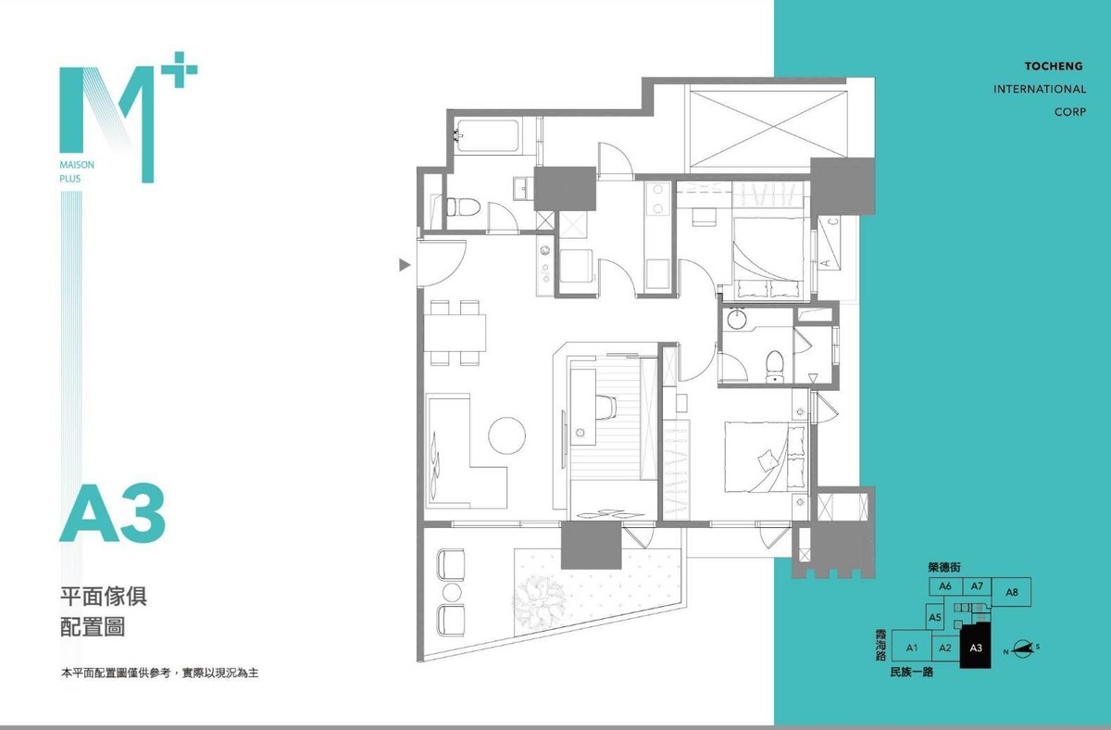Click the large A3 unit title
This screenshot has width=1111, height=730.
pyautogui.click(x=113, y=513)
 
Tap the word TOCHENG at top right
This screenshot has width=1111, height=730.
pyautogui.click(x=1054, y=66)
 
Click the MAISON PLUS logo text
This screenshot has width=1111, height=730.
pyautogui.click(x=77, y=171)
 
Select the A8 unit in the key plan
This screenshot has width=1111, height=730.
pyautogui.click(x=1012, y=592)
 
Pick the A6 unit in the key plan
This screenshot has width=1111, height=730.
pyautogui.click(x=945, y=586)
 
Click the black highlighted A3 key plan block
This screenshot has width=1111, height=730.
pyautogui.click(x=976, y=646)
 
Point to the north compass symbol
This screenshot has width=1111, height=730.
pyautogui.click(x=1022, y=648)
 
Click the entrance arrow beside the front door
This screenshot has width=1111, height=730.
pyautogui.click(x=405, y=265)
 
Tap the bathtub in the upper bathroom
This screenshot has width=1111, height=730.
pyautogui.click(x=487, y=135)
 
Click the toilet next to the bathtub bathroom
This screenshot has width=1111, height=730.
pyautogui.click(x=463, y=207)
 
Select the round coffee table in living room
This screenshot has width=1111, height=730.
pyautogui.click(x=506, y=435)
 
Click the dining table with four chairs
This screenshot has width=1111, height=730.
pyautogui.click(x=455, y=333)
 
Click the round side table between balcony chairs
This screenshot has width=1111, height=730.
pyautogui.click(x=452, y=592)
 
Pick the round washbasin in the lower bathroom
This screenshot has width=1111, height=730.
pyautogui.click(x=737, y=319)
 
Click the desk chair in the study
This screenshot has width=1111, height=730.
pyautogui.click(x=605, y=407)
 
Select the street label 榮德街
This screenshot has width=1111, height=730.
pyautogui.click(x=944, y=567)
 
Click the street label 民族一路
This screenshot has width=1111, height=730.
pyautogui.click(x=912, y=673)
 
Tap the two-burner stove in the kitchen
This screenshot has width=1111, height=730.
pyautogui.click(x=658, y=198)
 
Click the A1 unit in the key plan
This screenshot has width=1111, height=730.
pyautogui.click(x=912, y=648)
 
